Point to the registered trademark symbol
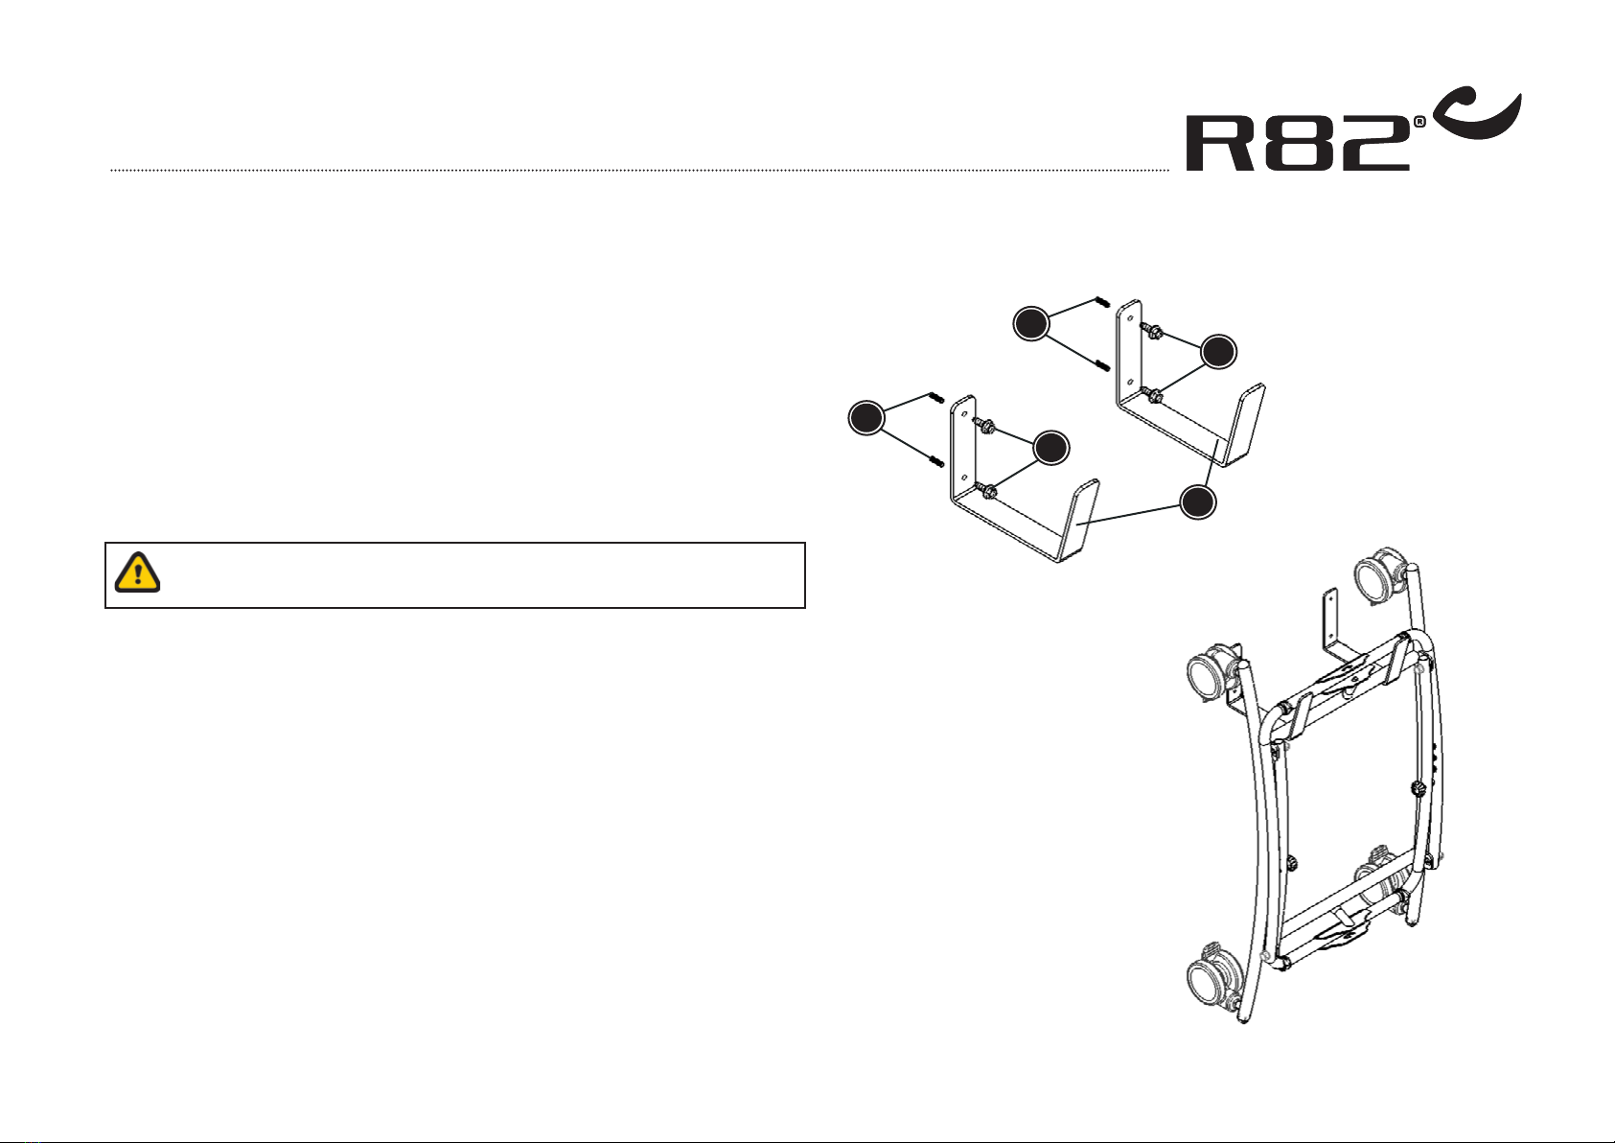(x=1419, y=123)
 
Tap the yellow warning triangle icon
(x=138, y=572)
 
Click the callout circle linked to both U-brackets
(x=1199, y=502)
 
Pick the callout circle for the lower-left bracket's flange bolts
(x=1051, y=449)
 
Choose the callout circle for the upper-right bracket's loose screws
(x=1032, y=323)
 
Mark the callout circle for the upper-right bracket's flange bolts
(x=1218, y=352)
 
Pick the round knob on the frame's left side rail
(x=1293, y=862)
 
